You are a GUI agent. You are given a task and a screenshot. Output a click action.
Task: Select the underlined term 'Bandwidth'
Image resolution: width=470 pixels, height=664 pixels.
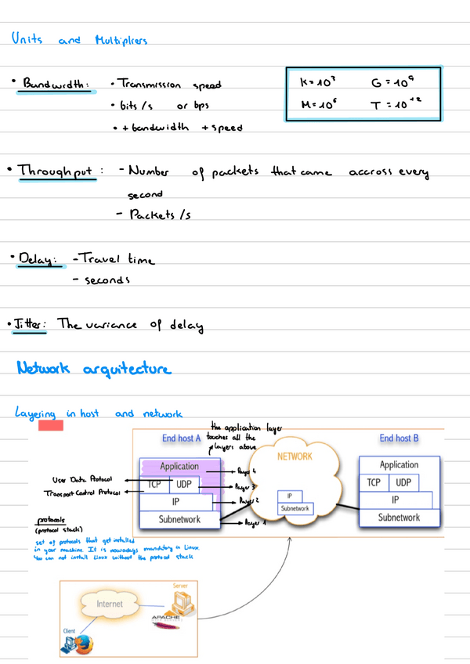point(56,84)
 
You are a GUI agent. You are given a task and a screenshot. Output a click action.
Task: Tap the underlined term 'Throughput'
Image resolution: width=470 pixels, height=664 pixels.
point(55,170)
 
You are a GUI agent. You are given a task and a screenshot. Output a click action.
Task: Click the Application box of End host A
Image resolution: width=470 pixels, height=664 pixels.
point(179,467)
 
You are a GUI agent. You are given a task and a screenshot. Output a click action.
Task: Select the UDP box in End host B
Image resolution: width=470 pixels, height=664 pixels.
point(403,483)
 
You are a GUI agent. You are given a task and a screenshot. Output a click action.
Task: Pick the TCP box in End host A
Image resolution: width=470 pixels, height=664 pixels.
point(155,485)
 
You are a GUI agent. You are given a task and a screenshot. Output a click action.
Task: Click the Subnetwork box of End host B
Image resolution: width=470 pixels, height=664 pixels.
point(399,518)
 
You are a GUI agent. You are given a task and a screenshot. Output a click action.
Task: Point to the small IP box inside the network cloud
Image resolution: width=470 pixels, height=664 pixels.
point(290,496)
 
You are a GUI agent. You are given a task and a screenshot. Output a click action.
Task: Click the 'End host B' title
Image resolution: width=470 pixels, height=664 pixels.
point(399,438)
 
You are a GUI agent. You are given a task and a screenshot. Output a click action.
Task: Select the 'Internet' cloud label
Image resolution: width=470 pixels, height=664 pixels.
point(109,604)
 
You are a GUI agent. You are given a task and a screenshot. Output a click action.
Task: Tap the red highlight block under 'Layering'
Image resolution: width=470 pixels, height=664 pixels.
point(51,425)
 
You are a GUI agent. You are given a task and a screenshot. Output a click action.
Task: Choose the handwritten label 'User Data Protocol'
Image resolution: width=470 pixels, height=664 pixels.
point(81,479)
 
